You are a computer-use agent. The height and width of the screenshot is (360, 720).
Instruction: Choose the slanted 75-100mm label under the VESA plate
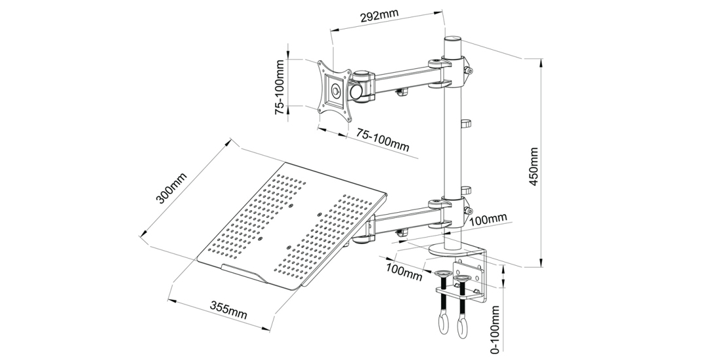click(382, 139)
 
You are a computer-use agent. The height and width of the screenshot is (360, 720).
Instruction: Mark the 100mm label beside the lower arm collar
click(488, 218)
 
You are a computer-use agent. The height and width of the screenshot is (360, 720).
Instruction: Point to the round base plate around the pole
click(452, 251)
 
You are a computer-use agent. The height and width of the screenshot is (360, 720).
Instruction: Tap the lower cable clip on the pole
click(465, 189)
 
